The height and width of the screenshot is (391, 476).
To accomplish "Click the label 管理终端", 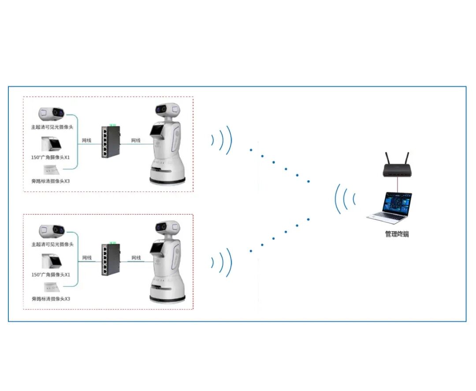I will point(397,234).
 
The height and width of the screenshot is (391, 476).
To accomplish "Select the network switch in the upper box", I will point(110,141).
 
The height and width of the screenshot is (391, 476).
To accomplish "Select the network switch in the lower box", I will point(110,259).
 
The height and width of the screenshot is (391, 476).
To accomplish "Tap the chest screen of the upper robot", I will point(157,130).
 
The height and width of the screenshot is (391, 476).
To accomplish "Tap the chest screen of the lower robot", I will point(157,248).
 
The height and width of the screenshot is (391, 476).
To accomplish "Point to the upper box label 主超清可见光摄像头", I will point(52,127).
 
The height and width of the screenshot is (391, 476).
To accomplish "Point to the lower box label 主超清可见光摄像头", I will point(52,244).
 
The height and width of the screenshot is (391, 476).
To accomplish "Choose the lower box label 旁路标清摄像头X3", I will point(51,299).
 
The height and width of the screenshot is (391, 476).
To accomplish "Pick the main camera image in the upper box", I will point(52,113).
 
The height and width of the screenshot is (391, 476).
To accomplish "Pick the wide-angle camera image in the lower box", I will point(52,261).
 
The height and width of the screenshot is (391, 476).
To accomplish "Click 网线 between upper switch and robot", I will point(136,140).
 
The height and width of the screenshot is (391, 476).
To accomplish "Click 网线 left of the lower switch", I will point(87,258).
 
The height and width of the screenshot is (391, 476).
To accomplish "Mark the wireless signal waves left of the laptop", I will point(345,199).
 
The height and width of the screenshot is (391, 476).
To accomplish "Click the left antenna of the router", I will point(387,158).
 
